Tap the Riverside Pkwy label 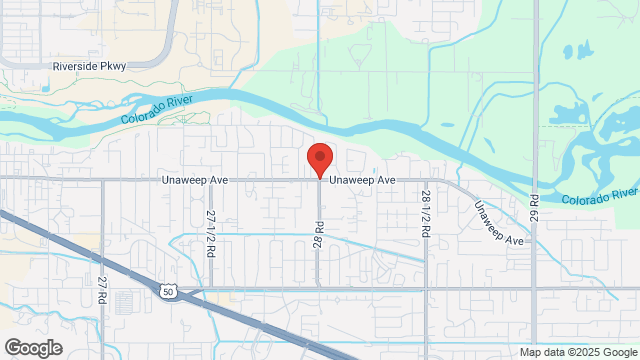[89, 67]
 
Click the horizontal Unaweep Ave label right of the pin [363, 180]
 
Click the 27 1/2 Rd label [211, 233]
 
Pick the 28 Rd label [319, 234]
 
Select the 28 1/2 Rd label [426, 213]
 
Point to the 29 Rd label [535, 208]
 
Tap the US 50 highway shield [166, 289]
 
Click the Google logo [32, 347]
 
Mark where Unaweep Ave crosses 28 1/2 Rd [426, 179]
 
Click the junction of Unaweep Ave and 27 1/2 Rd [211, 179]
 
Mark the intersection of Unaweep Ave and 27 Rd [103, 179]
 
